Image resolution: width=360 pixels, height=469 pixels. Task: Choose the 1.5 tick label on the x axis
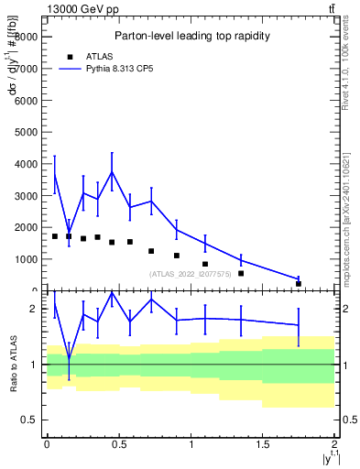(x=263, y=443)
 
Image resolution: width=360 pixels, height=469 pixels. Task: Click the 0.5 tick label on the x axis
(x=119, y=443)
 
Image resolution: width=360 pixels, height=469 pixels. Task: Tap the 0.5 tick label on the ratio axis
(x=29, y=420)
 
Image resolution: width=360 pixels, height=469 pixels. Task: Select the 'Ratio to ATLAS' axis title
(x=11, y=365)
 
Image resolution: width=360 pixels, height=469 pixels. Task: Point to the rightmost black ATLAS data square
(x=299, y=284)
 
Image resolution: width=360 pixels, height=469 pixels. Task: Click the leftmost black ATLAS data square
(x=55, y=236)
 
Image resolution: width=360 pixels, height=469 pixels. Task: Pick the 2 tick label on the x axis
(x=335, y=443)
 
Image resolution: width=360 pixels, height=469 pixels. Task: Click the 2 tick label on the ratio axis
(x=34, y=309)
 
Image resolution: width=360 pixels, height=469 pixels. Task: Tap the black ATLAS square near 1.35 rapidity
(x=241, y=273)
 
